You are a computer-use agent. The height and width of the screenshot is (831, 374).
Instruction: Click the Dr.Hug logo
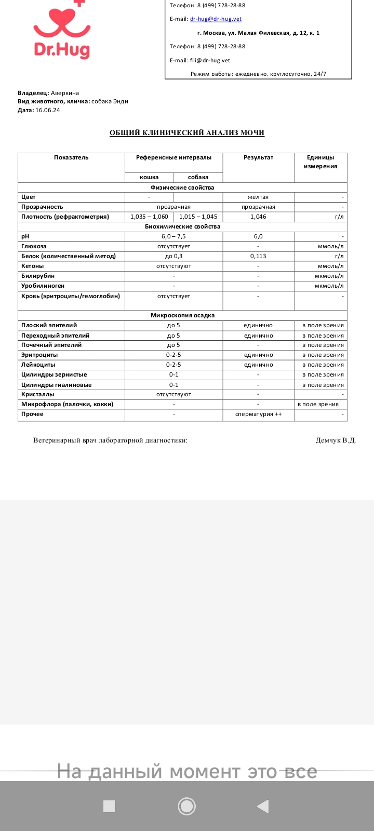coord(61,31)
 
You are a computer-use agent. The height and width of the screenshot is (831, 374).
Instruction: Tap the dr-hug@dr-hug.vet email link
coord(216,19)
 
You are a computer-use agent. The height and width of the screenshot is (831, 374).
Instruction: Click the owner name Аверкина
coord(65,93)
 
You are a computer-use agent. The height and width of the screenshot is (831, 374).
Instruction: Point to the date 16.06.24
coord(47,110)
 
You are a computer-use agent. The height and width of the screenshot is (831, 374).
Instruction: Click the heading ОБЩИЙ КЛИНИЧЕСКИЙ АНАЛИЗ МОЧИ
coord(187,133)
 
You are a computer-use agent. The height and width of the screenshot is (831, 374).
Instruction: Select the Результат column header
coord(258,157)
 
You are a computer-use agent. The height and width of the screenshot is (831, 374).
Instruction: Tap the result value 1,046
coord(258,217)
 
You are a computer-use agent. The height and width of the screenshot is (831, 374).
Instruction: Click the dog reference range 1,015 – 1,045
coord(198,217)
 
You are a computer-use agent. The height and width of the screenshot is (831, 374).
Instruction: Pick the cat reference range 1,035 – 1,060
coord(149,217)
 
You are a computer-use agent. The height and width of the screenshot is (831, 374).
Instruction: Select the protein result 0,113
coord(258,256)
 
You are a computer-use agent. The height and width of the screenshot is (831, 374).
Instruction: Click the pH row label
coord(25,236)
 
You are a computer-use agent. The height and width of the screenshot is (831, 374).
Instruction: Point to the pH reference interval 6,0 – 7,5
coord(173,236)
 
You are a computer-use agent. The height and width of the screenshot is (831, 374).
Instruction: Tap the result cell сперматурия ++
coord(258,414)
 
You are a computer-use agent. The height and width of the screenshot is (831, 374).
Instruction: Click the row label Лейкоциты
coord(38,365)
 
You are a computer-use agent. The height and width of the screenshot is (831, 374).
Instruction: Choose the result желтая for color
coord(258,197)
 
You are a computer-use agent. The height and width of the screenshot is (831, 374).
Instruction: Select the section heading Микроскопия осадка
coord(182,315)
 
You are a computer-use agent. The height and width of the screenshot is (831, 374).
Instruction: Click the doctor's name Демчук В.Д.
coord(336,440)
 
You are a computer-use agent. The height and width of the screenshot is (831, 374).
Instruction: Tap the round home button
coord(186,806)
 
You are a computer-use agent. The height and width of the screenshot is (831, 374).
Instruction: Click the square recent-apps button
coord(109,806)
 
